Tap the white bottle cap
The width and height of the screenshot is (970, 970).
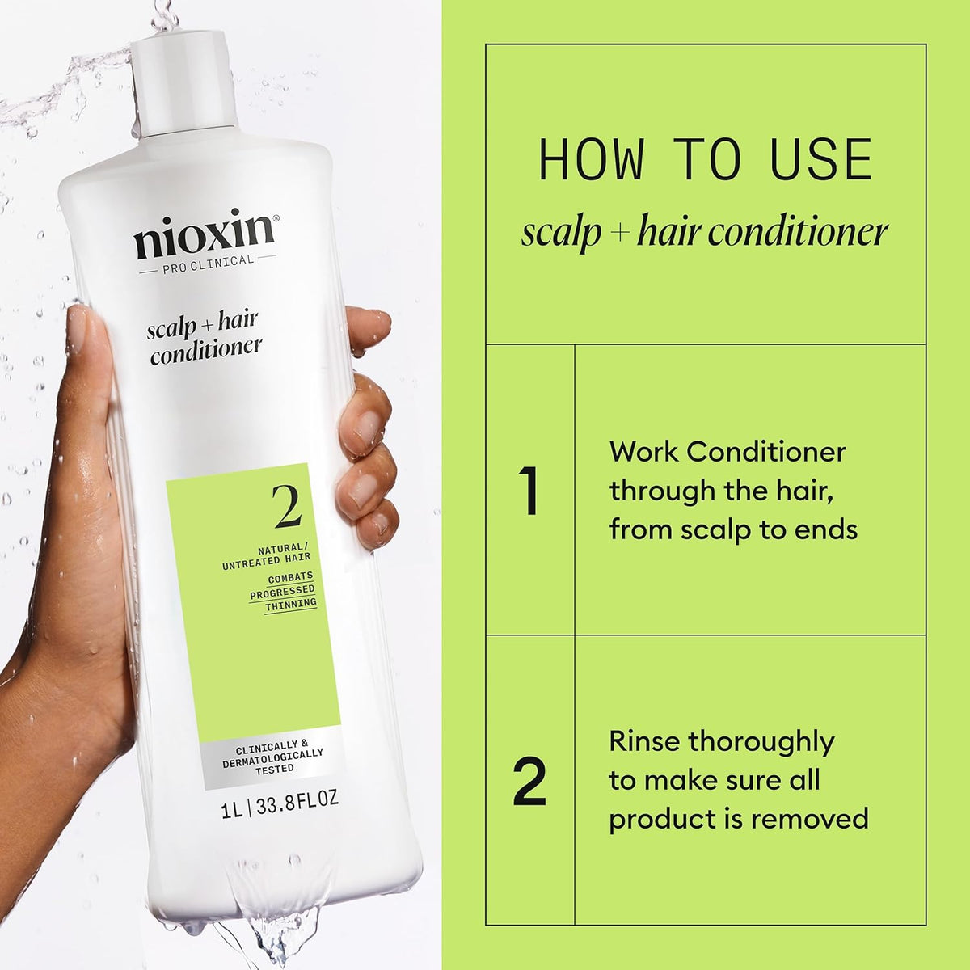[185, 81]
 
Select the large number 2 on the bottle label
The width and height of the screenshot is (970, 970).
[287, 507]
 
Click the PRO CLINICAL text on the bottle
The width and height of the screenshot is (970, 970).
[207, 260]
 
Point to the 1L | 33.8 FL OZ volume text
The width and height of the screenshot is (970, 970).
[279, 800]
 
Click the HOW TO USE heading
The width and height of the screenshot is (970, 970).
[705, 160]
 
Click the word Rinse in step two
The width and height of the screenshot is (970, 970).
[644, 741]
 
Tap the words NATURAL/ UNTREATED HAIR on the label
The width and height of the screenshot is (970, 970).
[267, 554]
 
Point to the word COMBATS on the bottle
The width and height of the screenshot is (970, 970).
[291, 578]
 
